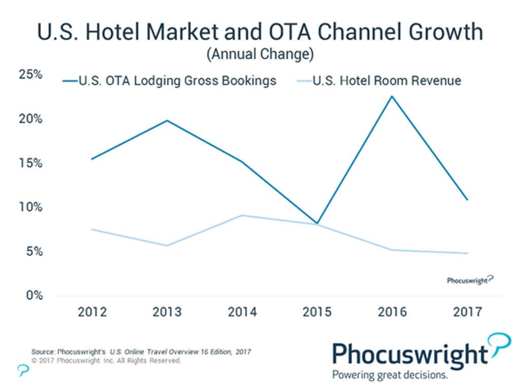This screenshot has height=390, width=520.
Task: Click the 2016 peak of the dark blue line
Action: pyautogui.click(x=392, y=96)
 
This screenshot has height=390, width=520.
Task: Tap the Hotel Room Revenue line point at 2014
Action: pyautogui.click(x=242, y=215)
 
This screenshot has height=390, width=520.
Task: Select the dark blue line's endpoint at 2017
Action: pyautogui.click(x=467, y=200)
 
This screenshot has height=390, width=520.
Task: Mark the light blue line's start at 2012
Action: pyautogui.click(x=92, y=230)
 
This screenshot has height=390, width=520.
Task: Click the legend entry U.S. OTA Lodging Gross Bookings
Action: pyautogui.click(x=170, y=81)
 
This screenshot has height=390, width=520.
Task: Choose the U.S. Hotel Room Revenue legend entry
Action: pyautogui.click(x=378, y=81)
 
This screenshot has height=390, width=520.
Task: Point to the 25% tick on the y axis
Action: pyautogui.click(x=30, y=75)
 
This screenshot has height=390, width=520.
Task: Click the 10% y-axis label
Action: pyautogui.click(x=30, y=207)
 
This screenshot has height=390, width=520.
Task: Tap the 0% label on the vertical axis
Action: pyautogui.click(x=34, y=296)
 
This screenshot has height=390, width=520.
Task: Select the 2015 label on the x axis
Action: pyautogui.click(x=317, y=312)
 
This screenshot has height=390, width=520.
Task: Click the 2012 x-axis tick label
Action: pyautogui.click(x=92, y=312)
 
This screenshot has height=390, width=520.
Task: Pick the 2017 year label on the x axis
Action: pyautogui.click(x=467, y=312)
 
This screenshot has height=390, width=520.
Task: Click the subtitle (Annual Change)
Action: pyautogui.click(x=259, y=54)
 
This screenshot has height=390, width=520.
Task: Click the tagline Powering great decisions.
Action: pyautogui.click(x=390, y=375)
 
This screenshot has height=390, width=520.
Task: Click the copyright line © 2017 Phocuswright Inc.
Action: pyautogui.click(x=106, y=361)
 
